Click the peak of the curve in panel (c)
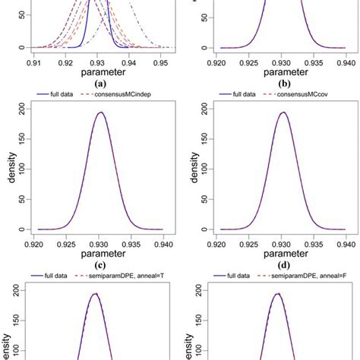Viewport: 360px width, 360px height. pos(99,112)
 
